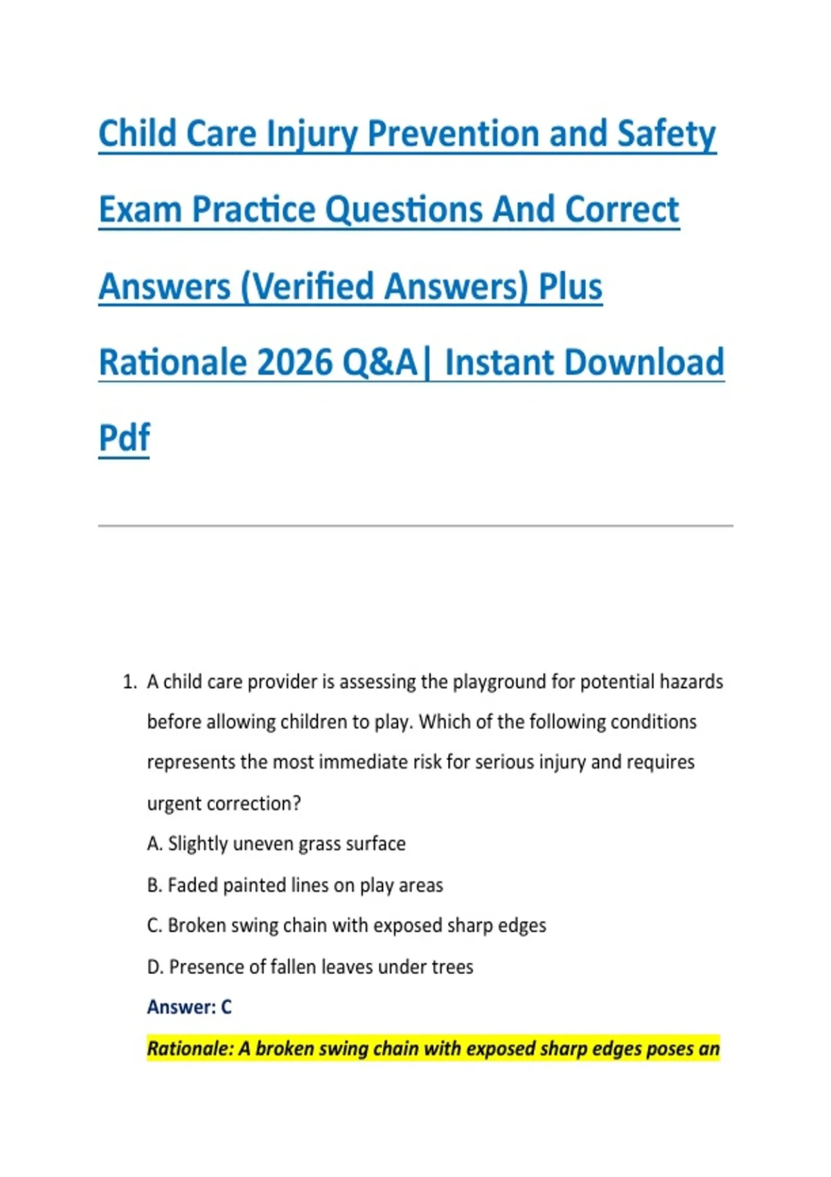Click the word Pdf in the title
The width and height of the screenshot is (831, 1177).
(x=124, y=438)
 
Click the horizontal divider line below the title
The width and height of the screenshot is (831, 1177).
(x=415, y=525)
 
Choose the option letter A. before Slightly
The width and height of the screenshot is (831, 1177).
(x=154, y=844)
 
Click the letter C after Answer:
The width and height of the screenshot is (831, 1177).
(x=226, y=1007)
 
